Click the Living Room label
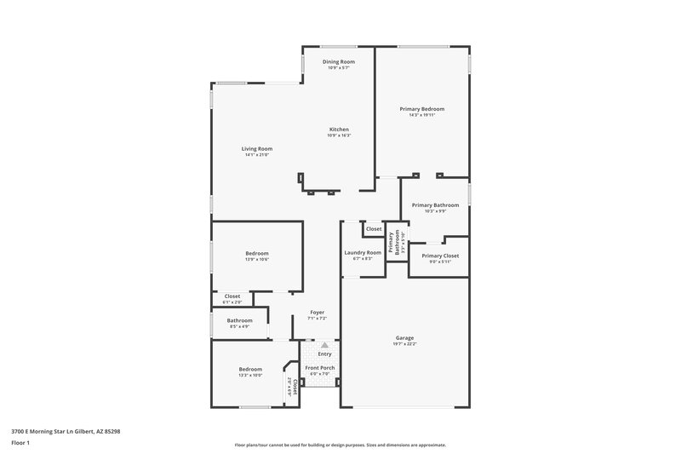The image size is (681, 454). (258, 149)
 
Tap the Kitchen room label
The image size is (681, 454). (339, 129)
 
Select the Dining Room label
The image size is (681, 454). (339, 62)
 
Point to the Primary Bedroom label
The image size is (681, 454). (422, 109)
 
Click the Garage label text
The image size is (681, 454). (404, 337)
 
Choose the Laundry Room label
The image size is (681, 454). (363, 253)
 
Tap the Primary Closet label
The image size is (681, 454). (440, 256)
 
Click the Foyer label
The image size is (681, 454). (317, 313)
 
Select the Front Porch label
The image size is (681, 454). (321, 368)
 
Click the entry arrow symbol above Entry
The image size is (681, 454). (324, 345)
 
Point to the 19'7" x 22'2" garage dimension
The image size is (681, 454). (404, 343)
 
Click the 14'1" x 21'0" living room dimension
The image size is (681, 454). (258, 155)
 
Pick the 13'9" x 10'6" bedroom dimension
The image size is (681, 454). (257, 259)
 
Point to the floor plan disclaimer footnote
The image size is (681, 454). (340, 445)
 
